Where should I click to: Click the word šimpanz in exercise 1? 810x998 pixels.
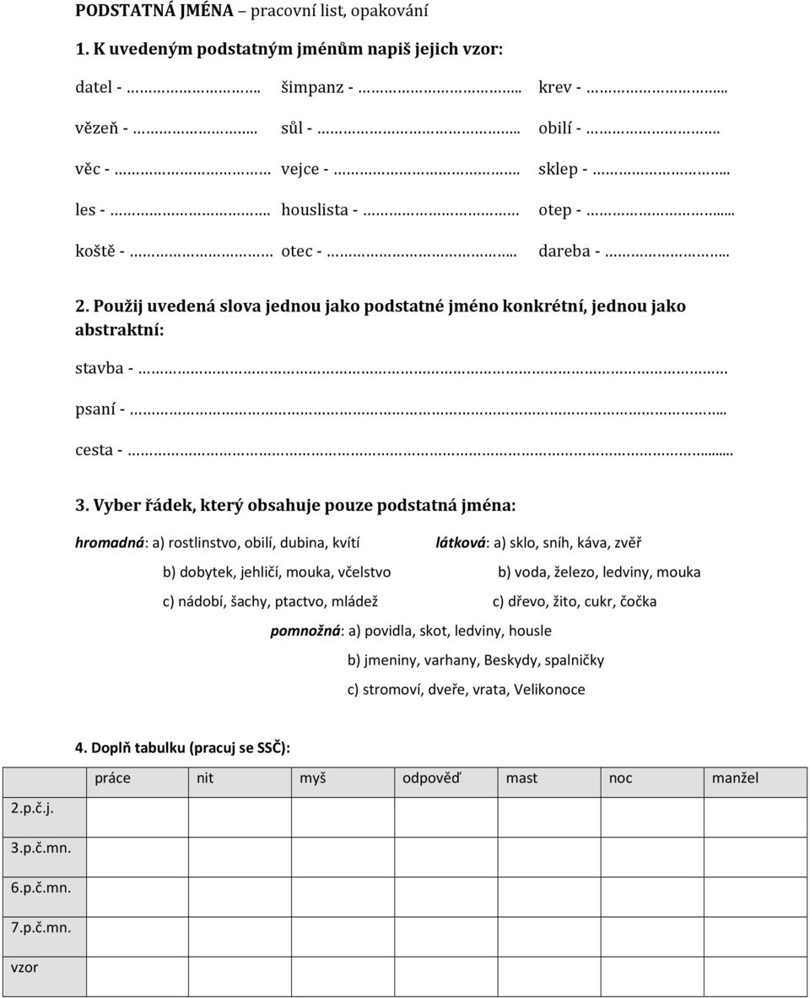[311, 87]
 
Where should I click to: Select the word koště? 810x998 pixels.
[95, 251]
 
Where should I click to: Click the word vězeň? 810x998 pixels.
[97, 128]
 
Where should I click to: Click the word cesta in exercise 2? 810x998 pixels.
[94, 449]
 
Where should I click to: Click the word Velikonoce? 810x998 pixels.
[549, 689]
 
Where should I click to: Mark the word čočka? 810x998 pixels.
[638, 601]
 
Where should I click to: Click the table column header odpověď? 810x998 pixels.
[432, 778]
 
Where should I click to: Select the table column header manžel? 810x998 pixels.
[735, 778]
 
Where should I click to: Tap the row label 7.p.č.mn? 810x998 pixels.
[40, 927]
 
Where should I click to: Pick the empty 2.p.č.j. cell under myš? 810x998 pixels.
[343, 816]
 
